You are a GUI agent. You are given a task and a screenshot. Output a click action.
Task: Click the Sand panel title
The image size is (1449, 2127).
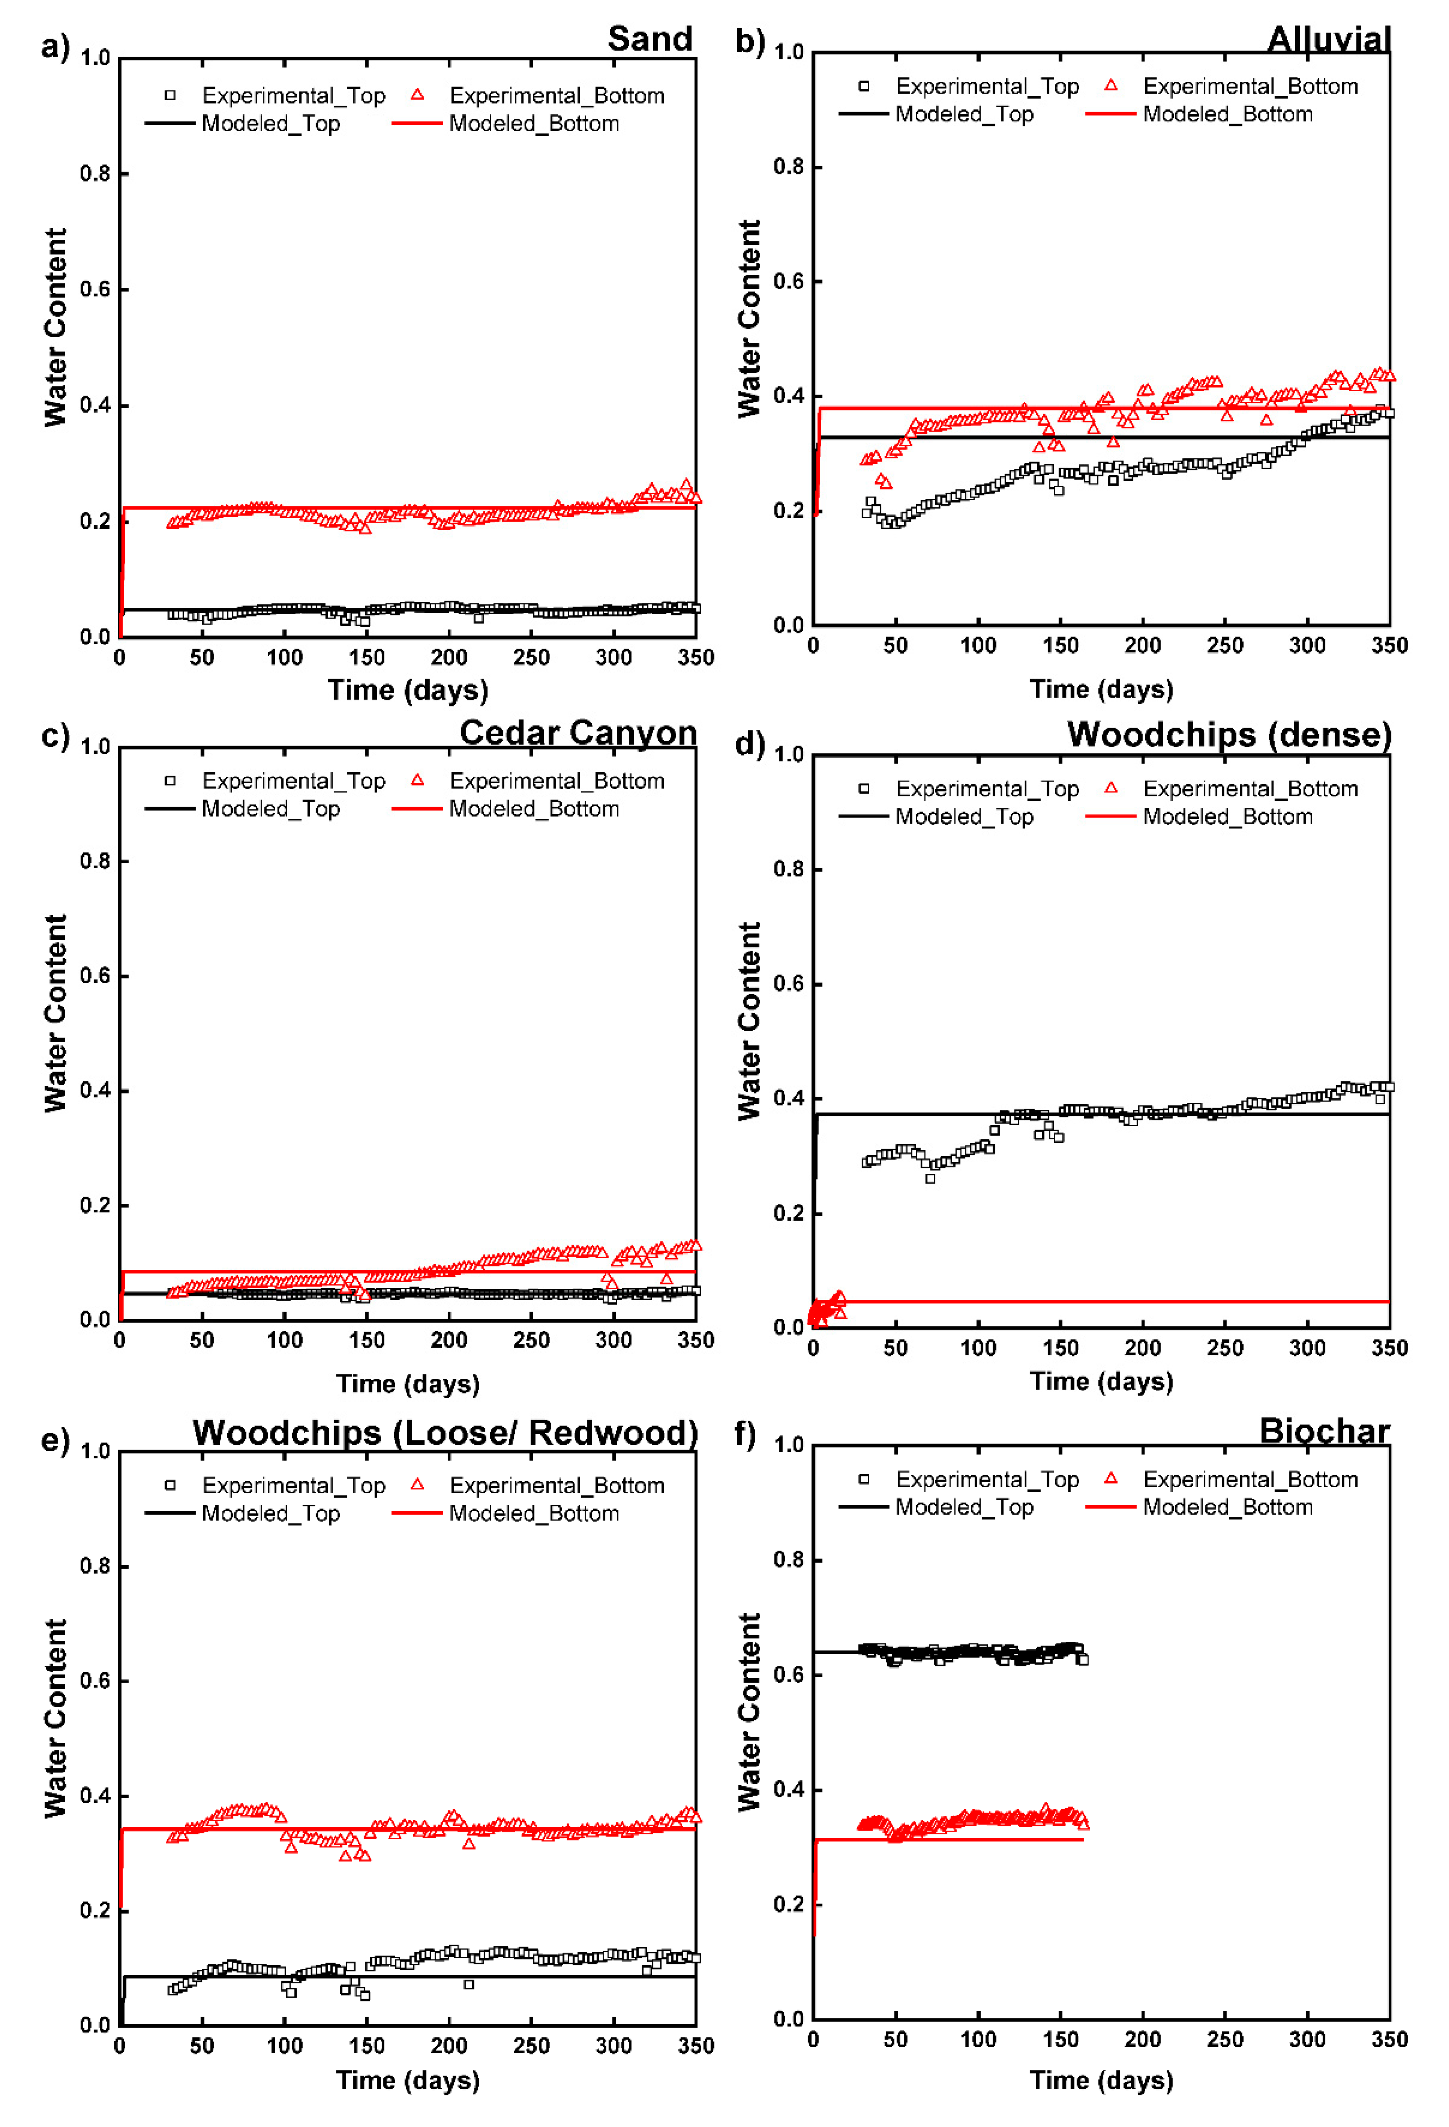point(650,40)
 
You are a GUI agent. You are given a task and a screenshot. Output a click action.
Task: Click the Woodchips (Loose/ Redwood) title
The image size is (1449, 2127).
point(445,1433)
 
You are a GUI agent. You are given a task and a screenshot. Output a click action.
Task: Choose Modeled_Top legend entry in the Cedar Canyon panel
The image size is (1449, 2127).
point(270,809)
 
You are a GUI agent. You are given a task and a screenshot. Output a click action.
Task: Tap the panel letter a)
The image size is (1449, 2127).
point(55,46)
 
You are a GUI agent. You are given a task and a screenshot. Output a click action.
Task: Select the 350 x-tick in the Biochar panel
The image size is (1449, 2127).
point(1389,2040)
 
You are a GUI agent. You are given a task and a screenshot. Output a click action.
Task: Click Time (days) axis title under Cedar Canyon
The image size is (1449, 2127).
point(408,1384)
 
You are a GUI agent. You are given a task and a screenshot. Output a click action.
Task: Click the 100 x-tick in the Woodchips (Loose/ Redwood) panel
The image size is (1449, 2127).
point(284,2047)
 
